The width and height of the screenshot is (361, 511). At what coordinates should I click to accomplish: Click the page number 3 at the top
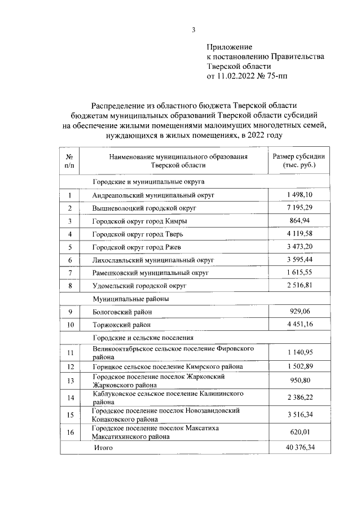[193, 30]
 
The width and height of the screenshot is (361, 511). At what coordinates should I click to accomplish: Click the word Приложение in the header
[230, 47]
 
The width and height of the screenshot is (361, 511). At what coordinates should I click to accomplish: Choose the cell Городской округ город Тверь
[138, 234]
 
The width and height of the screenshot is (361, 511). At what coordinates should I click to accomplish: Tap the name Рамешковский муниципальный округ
[151, 273]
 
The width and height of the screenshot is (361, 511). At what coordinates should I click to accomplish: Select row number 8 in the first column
[70, 286]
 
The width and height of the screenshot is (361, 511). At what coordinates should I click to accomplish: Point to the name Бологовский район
[122, 312]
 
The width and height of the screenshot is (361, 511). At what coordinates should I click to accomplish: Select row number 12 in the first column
[70, 367]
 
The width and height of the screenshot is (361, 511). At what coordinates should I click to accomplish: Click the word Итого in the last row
[104, 447]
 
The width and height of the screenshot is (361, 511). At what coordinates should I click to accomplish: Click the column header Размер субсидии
[299, 156]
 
